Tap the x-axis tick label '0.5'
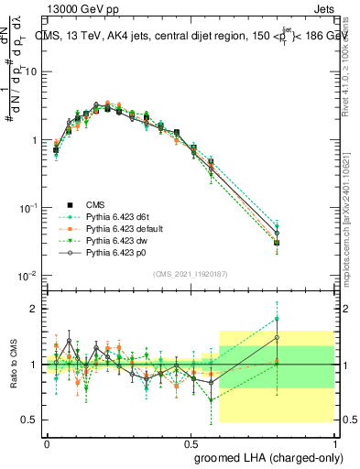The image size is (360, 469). pyautogui.click(x=191, y=441)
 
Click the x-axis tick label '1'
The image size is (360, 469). pyautogui.click(x=333, y=441)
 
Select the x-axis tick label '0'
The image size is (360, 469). pyautogui.click(x=47, y=441)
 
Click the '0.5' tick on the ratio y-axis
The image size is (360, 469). pyautogui.click(x=28, y=420)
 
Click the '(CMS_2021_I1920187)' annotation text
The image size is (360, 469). pyautogui.click(x=191, y=273)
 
